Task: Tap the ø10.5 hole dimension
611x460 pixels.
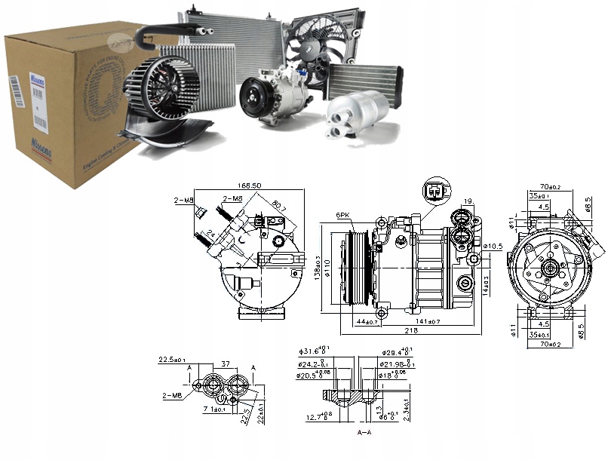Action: [493, 247]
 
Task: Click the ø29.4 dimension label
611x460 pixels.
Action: [397, 351]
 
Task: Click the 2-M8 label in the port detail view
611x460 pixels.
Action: [170, 394]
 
